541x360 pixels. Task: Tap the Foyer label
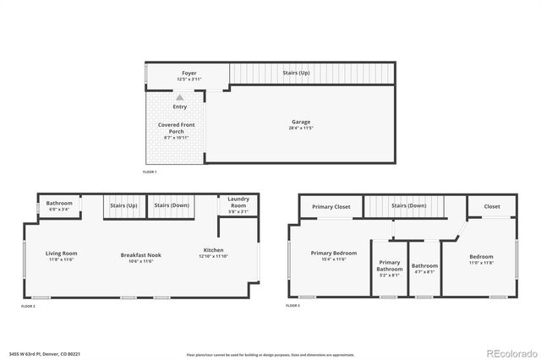click(189, 74)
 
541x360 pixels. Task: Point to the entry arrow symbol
click(179, 97)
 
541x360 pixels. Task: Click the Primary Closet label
click(331, 206)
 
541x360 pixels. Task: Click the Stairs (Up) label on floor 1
click(296, 74)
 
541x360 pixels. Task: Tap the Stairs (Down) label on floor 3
click(408, 205)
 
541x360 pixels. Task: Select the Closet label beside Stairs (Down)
click(492, 206)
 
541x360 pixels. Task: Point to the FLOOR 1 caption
click(150, 172)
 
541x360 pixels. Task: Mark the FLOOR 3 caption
click(293, 304)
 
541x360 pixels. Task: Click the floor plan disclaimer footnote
click(270, 353)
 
